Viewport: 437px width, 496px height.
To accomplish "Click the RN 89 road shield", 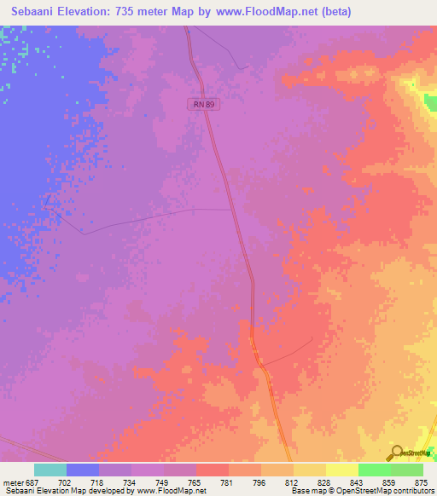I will point(199,103).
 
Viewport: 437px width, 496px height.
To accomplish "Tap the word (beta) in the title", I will point(331,12).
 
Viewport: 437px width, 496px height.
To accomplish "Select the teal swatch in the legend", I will point(50,470).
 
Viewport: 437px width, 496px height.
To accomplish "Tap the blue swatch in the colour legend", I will point(82,470).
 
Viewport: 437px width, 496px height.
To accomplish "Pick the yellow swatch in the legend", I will point(341,470).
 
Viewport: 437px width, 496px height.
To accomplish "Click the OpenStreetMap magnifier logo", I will point(395,452).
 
